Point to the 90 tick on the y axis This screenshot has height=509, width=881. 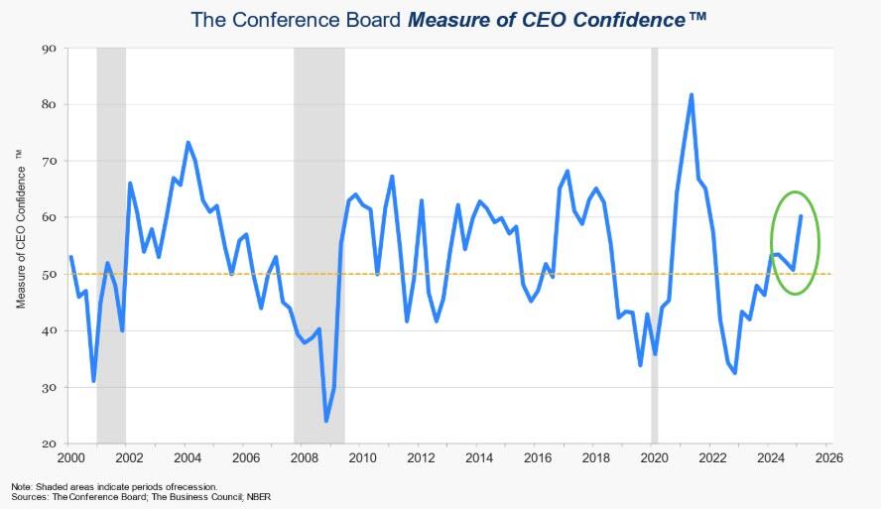tap(51, 48)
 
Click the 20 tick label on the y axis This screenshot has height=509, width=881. tap(51, 444)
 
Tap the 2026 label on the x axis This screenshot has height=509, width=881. tap(829, 458)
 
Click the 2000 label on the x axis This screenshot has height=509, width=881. tap(70, 458)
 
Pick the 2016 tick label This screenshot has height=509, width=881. tap(538, 458)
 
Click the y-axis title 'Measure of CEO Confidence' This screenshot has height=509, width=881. tap(21, 228)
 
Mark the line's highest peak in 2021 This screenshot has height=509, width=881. tap(692, 95)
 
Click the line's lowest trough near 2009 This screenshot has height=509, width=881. tap(326, 421)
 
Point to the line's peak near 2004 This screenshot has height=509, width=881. tap(189, 143)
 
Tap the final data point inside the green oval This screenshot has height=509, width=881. tap(801, 216)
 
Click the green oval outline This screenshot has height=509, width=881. tap(771, 243)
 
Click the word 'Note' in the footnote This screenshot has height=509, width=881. tap(21, 486)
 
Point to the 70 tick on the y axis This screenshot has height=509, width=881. tap(51, 161)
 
